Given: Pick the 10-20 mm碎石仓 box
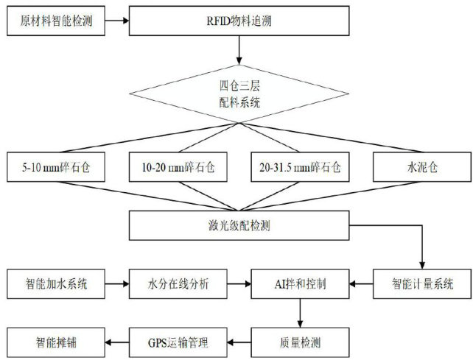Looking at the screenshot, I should (x=177, y=168).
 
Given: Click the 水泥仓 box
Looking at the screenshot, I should (x=417, y=168).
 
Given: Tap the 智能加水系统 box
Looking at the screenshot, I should (x=52, y=283).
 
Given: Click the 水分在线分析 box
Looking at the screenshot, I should (x=178, y=283).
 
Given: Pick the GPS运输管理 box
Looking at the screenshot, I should (x=178, y=341).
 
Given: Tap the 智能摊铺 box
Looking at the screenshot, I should (x=52, y=341).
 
